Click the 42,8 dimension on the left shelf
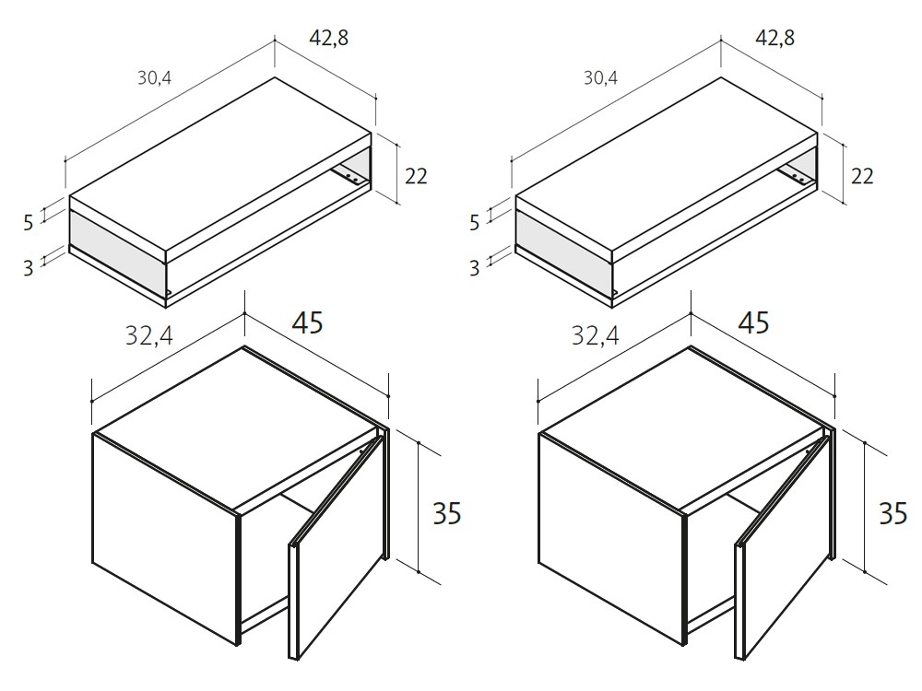pyautogui.click(x=329, y=38)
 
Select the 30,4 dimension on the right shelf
pyautogui.click(x=600, y=77)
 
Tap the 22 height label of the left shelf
pyautogui.click(x=416, y=176)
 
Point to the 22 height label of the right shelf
pyautogui.click(x=862, y=176)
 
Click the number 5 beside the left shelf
pyautogui.click(x=29, y=223)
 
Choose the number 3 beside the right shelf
pyautogui.click(x=475, y=268)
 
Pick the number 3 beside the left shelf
pyautogui.click(x=29, y=268)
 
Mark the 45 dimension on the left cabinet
pyautogui.click(x=308, y=322)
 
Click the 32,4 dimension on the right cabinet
pyautogui.click(x=595, y=335)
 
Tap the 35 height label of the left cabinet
pyautogui.click(x=447, y=513)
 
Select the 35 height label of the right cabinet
pyautogui.click(x=893, y=513)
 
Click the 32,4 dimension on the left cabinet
pyautogui.click(x=148, y=335)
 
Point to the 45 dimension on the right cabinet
pyautogui.click(x=754, y=322)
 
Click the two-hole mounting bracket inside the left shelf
pyautogui.click(x=349, y=176)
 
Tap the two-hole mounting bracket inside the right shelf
pyautogui.click(x=796, y=176)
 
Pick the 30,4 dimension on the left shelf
pyautogui.click(x=154, y=77)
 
